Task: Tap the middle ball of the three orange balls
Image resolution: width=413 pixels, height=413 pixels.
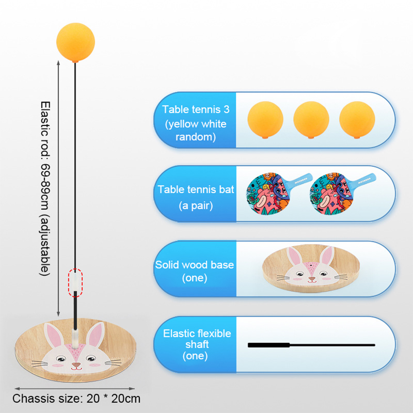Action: (311, 120)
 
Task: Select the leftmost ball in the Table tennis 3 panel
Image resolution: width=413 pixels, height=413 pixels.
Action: (265, 120)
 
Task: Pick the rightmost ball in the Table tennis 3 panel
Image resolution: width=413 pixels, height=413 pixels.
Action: (357, 120)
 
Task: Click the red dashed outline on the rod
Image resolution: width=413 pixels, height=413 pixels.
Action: (75, 283)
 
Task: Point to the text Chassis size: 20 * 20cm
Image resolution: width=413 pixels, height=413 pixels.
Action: (76, 399)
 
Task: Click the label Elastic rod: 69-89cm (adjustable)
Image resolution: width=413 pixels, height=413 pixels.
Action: (45, 188)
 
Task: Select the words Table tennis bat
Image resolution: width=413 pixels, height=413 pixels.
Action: (196, 189)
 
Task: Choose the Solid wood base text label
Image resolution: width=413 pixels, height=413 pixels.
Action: (195, 265)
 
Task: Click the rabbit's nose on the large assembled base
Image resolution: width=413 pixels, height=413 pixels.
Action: (76, 365)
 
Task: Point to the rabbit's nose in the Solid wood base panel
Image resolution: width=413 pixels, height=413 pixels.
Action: (312, 279)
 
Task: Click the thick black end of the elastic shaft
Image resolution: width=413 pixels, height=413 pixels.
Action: (269, 345)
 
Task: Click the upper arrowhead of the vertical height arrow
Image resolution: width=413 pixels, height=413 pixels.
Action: (58, 63)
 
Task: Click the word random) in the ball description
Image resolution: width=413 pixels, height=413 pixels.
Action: (195, 137)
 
